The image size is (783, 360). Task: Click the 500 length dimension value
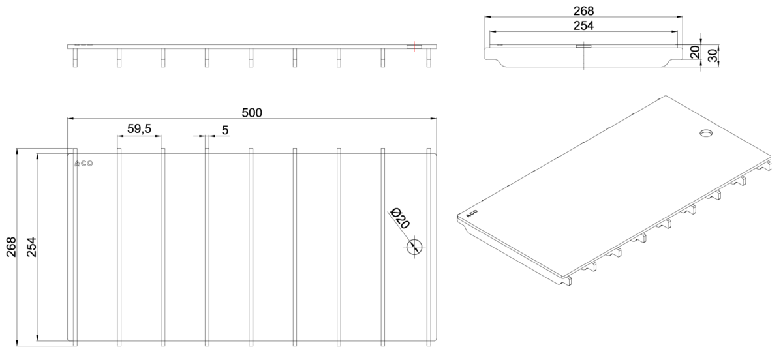point(252,113)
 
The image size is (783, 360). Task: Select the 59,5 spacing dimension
point(139,128)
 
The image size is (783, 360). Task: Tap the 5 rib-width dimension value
point(225,130)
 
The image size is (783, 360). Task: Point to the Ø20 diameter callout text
point(400,218)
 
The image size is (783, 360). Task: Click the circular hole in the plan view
point(414,247)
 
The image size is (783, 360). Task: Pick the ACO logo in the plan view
point(84,164)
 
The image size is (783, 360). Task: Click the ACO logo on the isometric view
point(472,213)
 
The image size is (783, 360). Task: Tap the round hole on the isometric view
point(706,133)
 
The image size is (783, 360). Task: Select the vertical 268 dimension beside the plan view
point(11,247)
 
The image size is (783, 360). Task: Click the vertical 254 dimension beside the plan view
point(31,247)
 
